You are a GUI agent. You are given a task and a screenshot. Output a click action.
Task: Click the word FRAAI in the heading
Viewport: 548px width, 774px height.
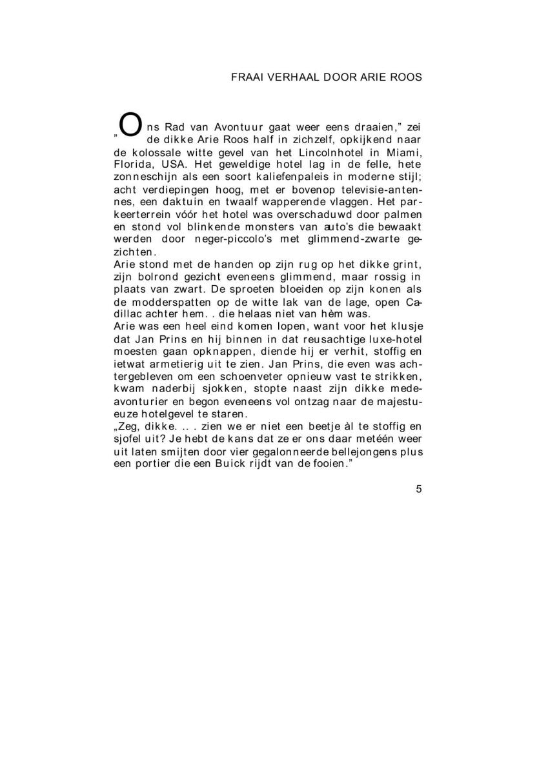click(x=245, y=77)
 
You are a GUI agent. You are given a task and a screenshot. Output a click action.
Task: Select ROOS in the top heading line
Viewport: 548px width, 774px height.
click(x=405, y=77)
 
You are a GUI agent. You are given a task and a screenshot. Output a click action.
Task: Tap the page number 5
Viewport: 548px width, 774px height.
click(x=419, y=489)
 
